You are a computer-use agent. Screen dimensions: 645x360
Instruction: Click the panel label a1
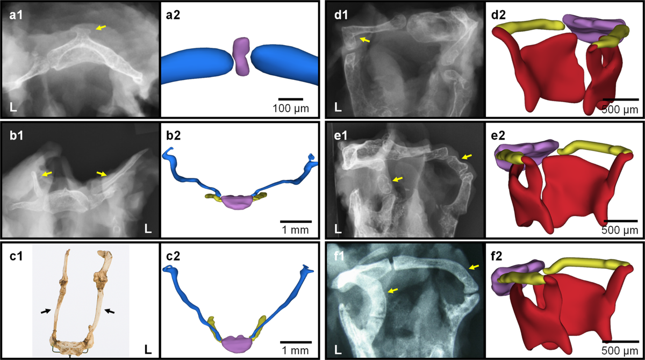[x=15, y=16]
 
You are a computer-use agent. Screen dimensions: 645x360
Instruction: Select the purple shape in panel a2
[x=241, y=56]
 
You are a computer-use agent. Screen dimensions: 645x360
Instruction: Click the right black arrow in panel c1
[x=109, y=310]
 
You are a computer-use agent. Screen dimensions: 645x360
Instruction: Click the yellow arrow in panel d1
[x=365, y=39]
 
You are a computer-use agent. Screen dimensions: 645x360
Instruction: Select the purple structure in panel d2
[x=591, y=25]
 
